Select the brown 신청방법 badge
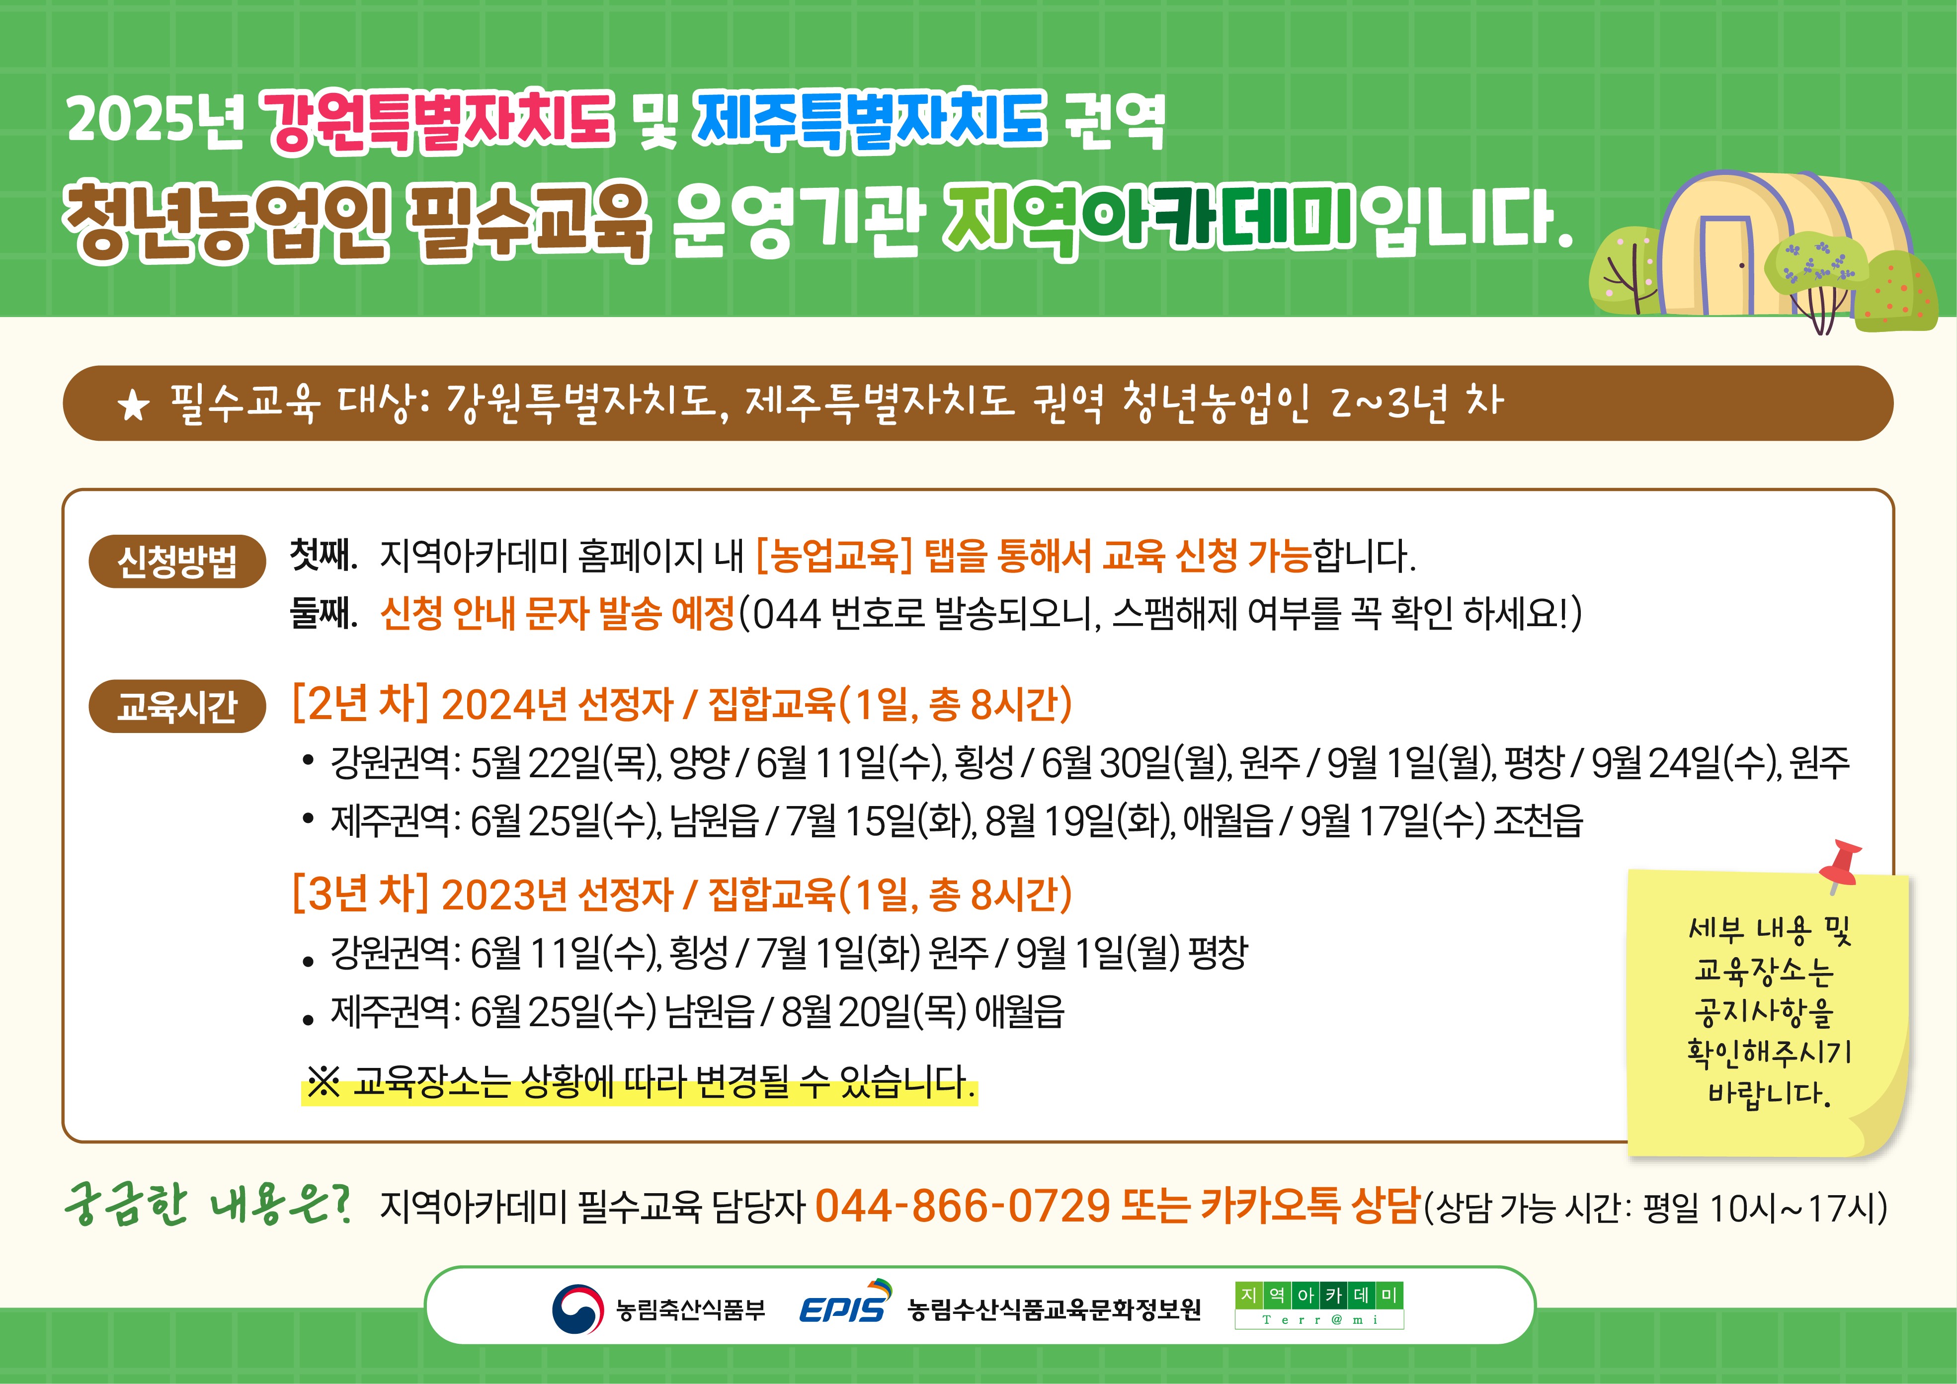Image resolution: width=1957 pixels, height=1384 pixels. pos(177,562)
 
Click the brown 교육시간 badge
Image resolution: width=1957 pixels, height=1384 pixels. pos(177,707)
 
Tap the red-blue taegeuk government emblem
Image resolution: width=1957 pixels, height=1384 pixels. pos(577,1308)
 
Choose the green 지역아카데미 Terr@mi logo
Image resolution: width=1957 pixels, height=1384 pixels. pos(1318,1305)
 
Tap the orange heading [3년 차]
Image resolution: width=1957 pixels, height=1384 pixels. pos(360,893)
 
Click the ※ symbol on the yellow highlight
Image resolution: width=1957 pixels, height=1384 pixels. pos(324,1082)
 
